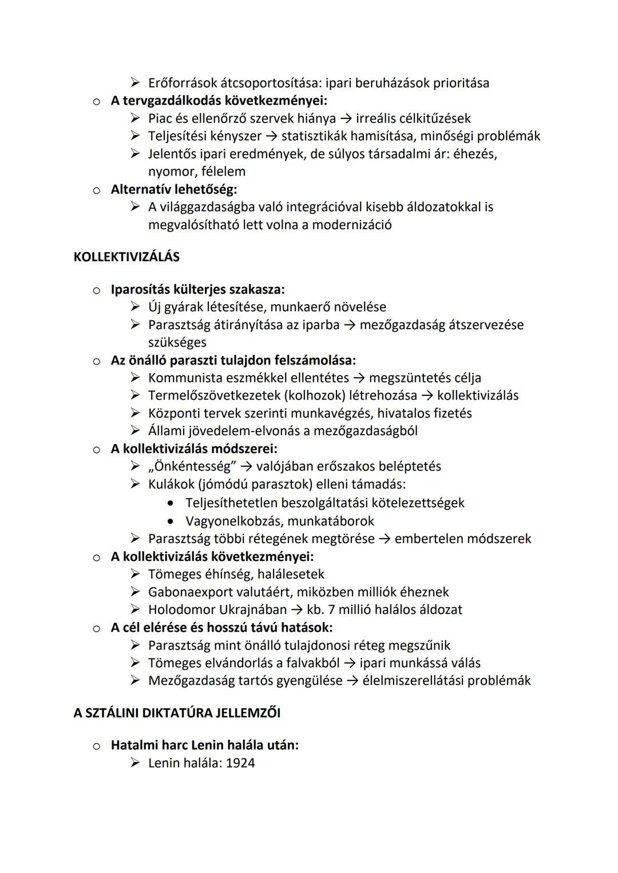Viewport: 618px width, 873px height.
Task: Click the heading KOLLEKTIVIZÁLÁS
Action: [x=126, y=257]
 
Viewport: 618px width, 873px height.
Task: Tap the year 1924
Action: [x=240, y=763]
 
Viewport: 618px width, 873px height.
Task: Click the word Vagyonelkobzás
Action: [x=233, y=521]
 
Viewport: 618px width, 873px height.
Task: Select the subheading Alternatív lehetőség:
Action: [x=174, y=189]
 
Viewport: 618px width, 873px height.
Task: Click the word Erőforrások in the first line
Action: [x=182, y=83]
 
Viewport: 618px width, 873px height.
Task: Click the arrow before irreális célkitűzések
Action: [x=346, y=119]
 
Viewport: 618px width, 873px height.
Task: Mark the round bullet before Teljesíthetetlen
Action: [x=171, y=503]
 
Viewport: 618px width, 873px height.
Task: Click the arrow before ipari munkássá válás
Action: [x=349, y=663]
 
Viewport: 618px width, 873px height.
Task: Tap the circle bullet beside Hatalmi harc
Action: [x=97, y=746]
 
